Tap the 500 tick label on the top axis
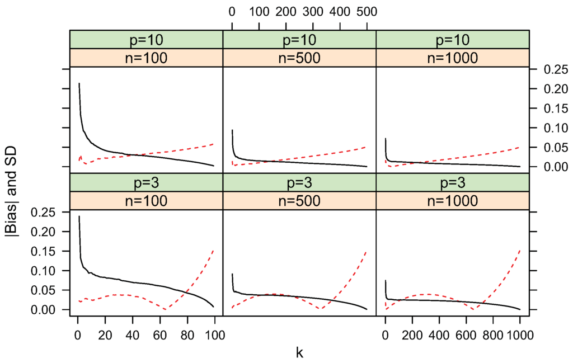click(367, 11)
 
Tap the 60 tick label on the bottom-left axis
click(159, 336)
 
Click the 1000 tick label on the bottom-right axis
click(520, 336)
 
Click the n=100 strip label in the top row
click(147, 58)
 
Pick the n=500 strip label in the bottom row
click(299, 201)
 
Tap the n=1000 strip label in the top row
click(452, 58)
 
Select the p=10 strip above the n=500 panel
click(299, 40)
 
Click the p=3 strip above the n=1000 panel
click(452, 182)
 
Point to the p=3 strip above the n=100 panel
click(147, 182)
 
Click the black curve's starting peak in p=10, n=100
click(79, 83)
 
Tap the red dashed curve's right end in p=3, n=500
click(366, 251)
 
